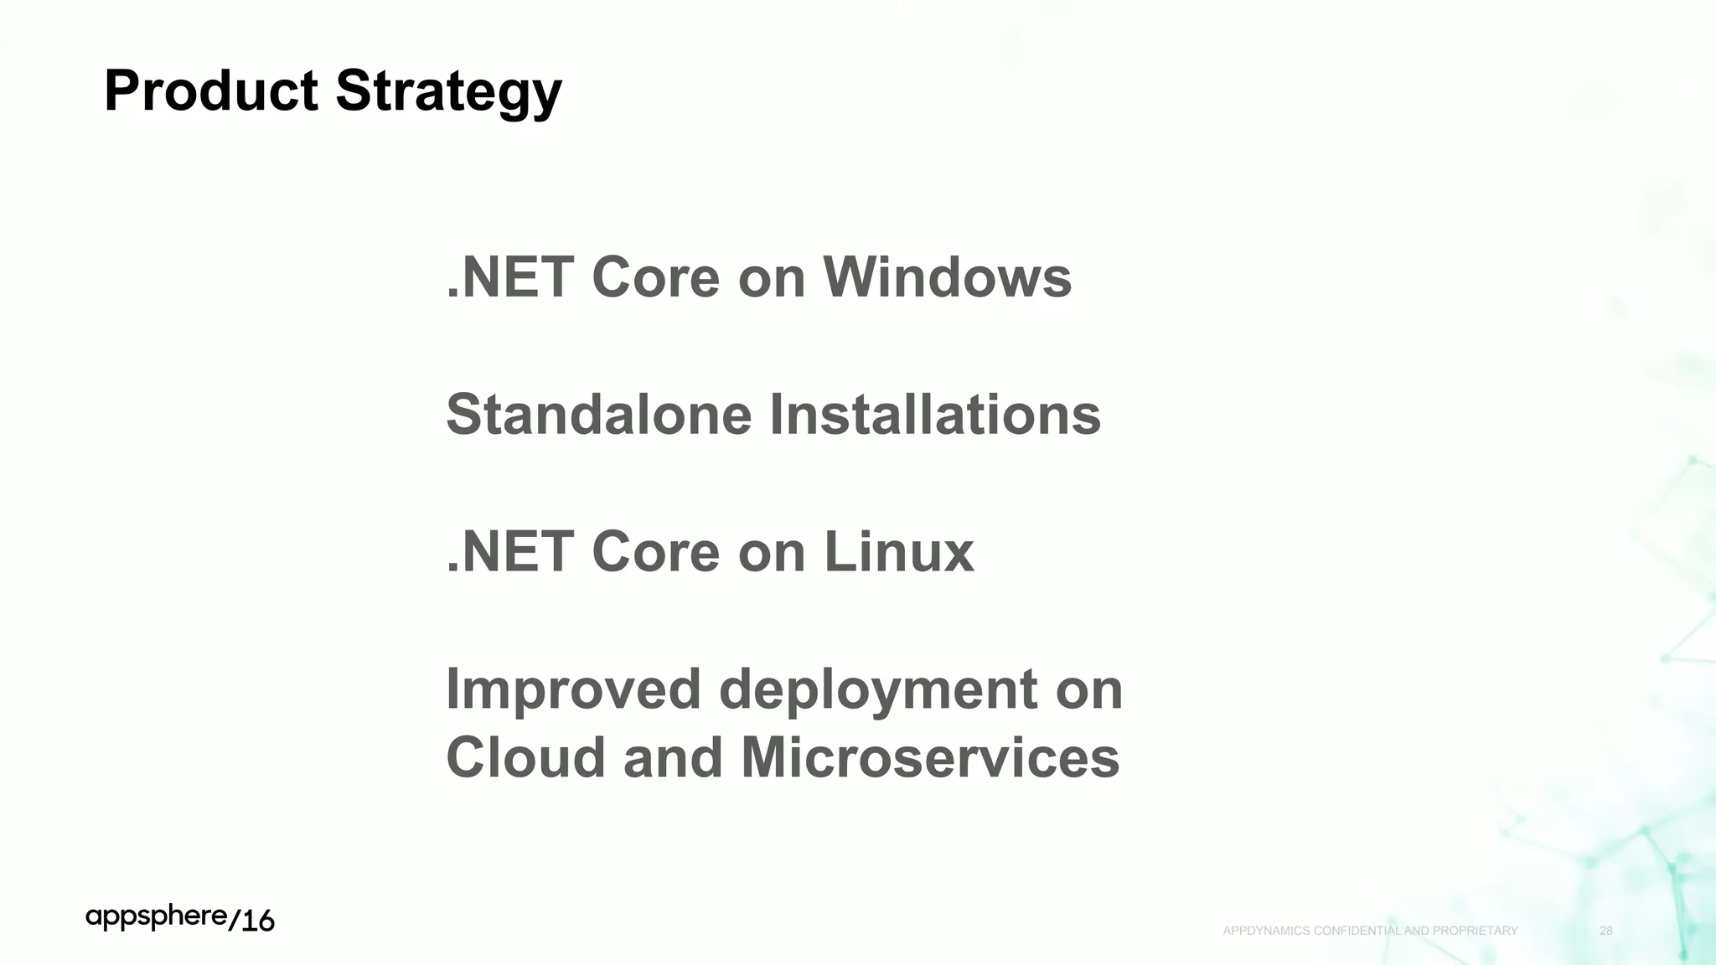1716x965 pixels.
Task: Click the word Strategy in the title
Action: tap(449, 92)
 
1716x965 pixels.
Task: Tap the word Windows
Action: tap(947, 277)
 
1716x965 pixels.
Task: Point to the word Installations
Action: tap(934, 415)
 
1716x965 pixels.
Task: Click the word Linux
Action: tap(899, 552)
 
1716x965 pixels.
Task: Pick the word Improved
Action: tap(573, 689)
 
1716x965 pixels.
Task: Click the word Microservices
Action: tap(930, 758)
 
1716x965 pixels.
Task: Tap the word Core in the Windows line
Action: tap(655, 277)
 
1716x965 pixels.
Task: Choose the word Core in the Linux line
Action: tap(655, 552)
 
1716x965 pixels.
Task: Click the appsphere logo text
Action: tap(157, 917)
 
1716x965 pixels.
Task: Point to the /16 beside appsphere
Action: tap(251, 921)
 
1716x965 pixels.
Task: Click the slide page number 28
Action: tap(1606, 931)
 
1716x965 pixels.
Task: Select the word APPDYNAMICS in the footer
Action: tap(1266, 931)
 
